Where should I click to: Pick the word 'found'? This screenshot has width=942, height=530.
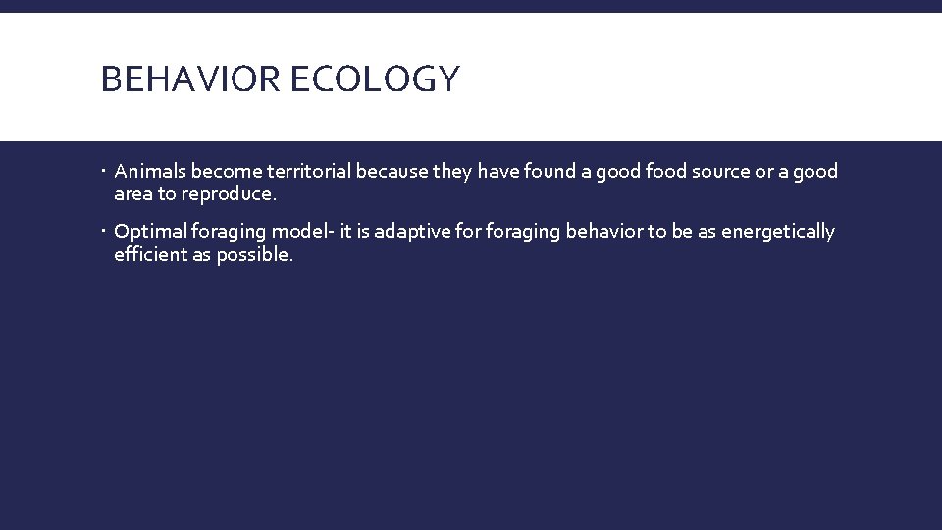[x=552, y=172]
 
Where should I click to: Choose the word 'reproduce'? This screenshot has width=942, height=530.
[x=228, y=194]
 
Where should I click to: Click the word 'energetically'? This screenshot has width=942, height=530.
[x=778, y=232]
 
